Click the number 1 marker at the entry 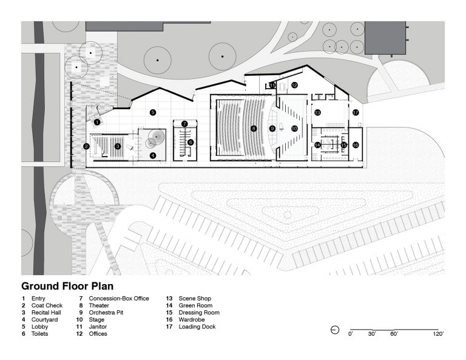pos(97,122)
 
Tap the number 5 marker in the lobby pos(152,112)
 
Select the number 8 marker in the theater pos(254,129)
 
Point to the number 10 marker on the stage pos(294,129)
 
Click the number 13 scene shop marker pos(317,112)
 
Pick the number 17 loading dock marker pos(356,112)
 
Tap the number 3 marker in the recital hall pos(118,146)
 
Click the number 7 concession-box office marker pos(184,124)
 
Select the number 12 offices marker pos(294,86)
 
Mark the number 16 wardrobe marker pos(356,145)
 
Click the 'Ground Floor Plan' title pos(67,286)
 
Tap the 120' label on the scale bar pos(438,334)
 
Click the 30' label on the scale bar pos(372,334)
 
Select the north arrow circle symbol pos(335,330)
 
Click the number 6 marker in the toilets pos(190,143)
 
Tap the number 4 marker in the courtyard pos(152,155)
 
